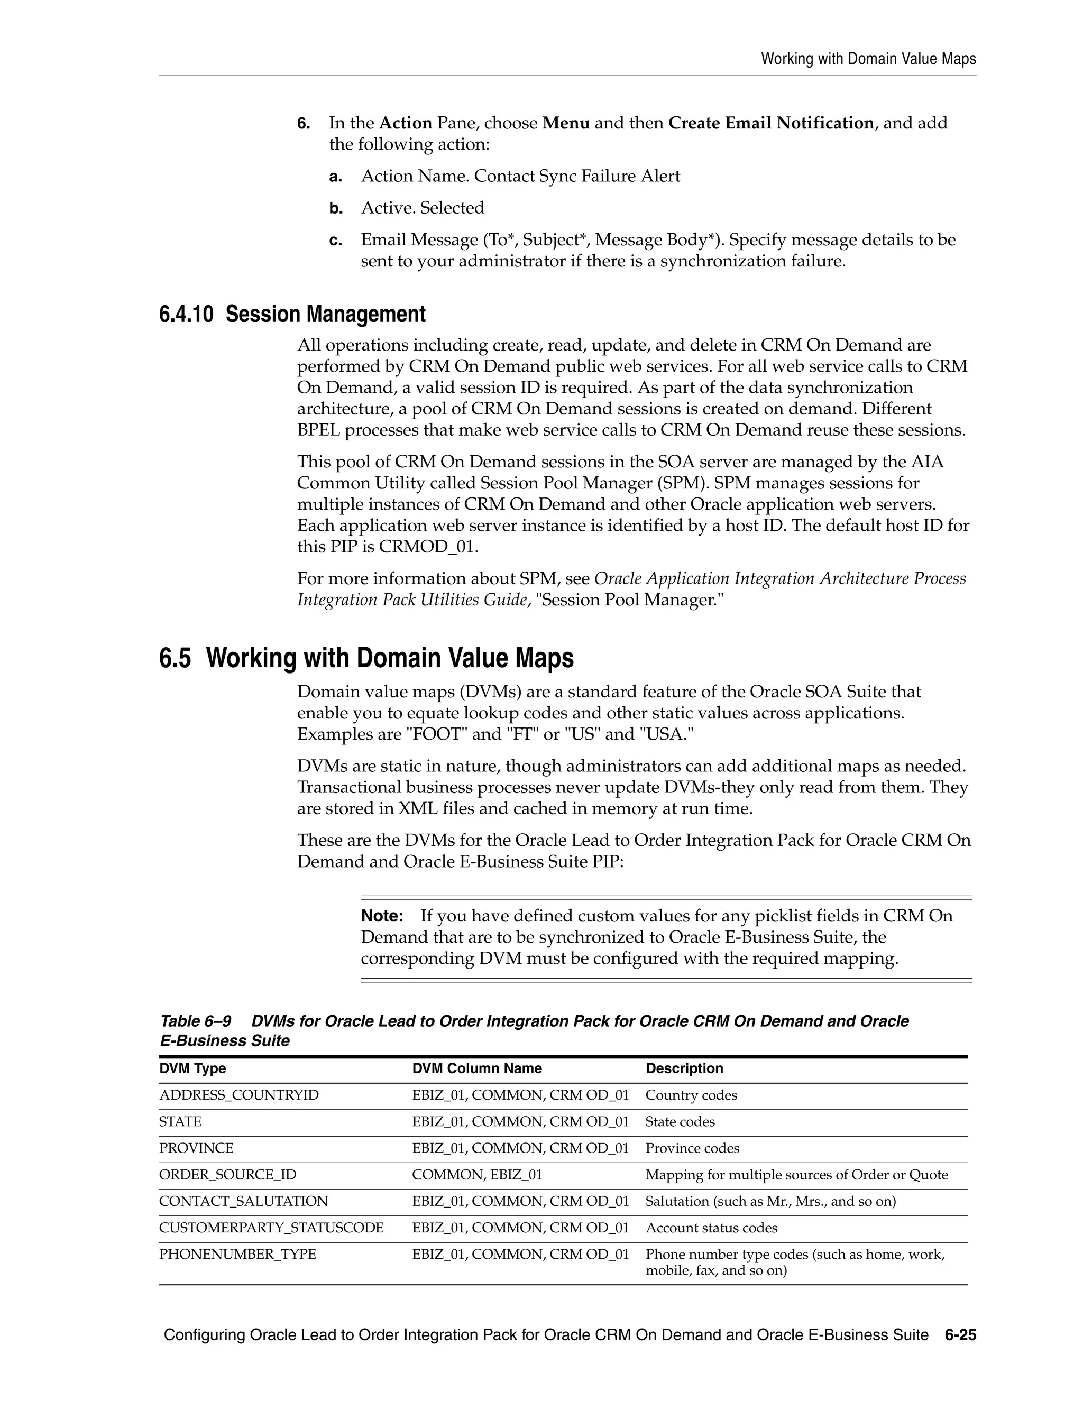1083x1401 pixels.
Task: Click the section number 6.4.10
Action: pos(186,315)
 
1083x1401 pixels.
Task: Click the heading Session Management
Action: pos(325,315)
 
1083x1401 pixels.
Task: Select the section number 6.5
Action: pos(175,658)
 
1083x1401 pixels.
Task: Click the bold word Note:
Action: pos(382,916)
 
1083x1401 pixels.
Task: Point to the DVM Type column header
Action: pos(192,1068)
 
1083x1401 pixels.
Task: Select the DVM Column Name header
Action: pos(476,1068)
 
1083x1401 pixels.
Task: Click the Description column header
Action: pos(684,1068)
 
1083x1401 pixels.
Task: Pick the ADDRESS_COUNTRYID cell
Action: pos(238,1095)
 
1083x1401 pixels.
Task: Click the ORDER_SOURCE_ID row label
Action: pos(228,1175)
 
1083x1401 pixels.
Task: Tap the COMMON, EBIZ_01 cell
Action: pos(476,1175)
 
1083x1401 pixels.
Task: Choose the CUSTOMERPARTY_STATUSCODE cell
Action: pos(271,1228)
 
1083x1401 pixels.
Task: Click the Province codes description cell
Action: pos(692,1148)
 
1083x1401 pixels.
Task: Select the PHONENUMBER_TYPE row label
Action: pos(237,1254)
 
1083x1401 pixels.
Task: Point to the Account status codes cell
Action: pos(711,1228)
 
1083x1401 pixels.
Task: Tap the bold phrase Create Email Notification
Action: pos(770,123)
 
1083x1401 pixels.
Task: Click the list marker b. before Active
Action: pos(336,208)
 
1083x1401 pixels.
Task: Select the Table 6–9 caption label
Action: pos(195,1021)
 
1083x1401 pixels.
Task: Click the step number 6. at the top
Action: pos(304,123)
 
